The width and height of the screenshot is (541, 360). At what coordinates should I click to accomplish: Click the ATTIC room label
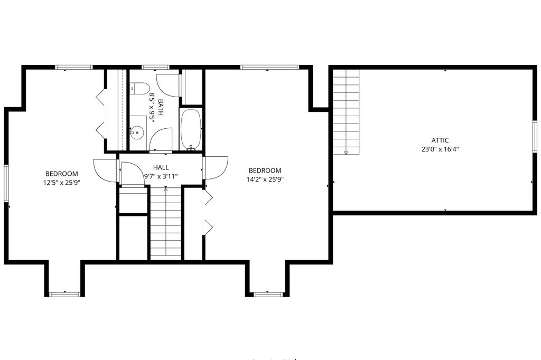click(440, 140)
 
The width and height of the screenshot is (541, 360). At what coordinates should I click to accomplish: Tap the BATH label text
click(161, 108)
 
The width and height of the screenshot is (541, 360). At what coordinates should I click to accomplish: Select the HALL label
click(161, 167)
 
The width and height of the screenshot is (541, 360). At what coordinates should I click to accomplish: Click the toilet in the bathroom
click(139, 89)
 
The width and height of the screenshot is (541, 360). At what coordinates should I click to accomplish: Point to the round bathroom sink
click(138, 132)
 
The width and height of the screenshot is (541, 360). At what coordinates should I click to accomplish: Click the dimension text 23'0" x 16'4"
click(440, 149)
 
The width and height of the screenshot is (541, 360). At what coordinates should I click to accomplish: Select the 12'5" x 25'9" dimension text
click(62, 183)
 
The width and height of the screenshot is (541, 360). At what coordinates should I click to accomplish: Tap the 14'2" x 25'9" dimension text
click(265, 179)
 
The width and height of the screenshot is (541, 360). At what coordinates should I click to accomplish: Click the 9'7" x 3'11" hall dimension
click(161, 176)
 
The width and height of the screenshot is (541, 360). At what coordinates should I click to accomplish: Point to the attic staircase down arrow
click(346, 152)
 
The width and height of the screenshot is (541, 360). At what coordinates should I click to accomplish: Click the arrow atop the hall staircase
click(165, 189)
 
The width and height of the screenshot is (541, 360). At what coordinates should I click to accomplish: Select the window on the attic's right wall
click(535, 137)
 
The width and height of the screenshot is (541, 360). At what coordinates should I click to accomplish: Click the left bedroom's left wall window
click(6, 183)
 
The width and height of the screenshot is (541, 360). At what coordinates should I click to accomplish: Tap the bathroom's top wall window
click(155, 67)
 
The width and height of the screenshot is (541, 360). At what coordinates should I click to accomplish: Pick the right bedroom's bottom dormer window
click(267, 295)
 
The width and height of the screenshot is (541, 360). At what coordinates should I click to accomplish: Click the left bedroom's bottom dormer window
click(64, 295)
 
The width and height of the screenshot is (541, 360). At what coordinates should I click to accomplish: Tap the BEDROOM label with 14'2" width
click(265, 170)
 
